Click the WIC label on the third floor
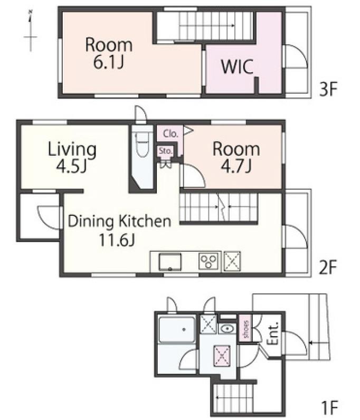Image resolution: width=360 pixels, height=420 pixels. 237,66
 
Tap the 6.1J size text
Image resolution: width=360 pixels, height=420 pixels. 108,62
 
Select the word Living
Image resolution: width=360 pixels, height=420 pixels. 72,149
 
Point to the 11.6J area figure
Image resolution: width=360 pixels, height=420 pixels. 117,240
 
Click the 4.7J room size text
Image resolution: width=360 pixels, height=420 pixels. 236,166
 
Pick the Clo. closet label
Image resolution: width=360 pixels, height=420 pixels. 170,133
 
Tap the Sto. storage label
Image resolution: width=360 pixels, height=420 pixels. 165,151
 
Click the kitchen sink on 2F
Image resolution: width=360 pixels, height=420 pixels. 170,262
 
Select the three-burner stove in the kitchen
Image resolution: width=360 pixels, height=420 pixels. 209,261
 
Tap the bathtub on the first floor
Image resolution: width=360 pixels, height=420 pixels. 177,330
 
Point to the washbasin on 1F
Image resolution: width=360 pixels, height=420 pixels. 228,328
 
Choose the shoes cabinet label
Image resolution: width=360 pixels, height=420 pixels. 246,329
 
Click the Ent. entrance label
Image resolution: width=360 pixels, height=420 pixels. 273,333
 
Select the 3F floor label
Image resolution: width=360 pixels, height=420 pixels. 328,89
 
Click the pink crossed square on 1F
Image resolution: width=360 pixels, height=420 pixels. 222,356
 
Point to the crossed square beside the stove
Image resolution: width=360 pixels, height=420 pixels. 232,261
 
